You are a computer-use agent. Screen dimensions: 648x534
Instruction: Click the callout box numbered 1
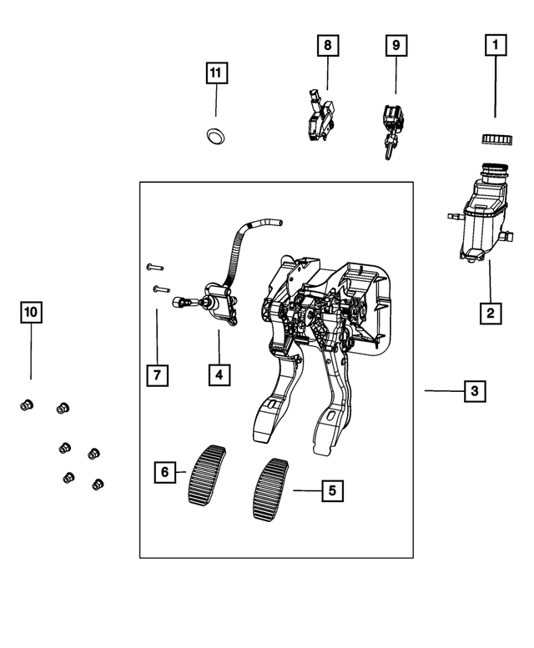(496, 44)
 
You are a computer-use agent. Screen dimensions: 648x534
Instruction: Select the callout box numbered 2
(490, 313)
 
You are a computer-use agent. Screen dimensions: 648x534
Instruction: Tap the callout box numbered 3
(473, 390)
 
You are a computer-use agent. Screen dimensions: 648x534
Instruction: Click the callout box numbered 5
(331, 491)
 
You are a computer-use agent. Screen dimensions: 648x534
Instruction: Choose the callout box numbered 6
(164, 472)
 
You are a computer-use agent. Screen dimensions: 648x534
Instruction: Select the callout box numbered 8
(327, 44)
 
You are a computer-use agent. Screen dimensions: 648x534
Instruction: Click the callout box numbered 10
(31, 313)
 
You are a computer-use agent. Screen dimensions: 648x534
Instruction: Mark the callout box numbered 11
(215, 73)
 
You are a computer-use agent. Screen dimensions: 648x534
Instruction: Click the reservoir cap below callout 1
(495, 138)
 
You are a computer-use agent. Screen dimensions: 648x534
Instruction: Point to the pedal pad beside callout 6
(209, 475)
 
